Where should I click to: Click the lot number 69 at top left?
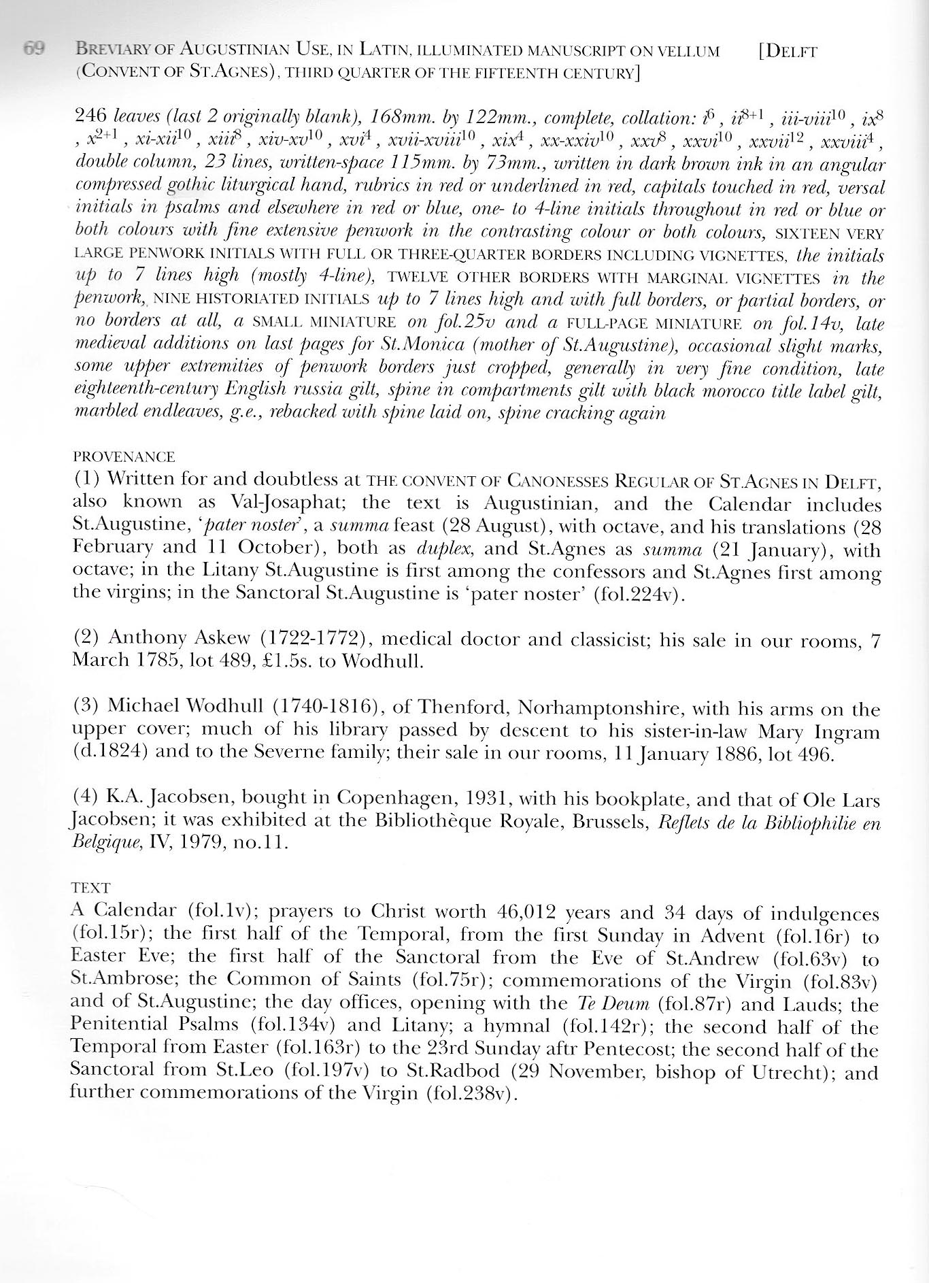34,49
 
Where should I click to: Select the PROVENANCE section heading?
123,456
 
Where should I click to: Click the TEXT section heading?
90,888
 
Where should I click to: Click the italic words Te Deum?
603,1003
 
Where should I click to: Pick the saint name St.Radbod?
444,1071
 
